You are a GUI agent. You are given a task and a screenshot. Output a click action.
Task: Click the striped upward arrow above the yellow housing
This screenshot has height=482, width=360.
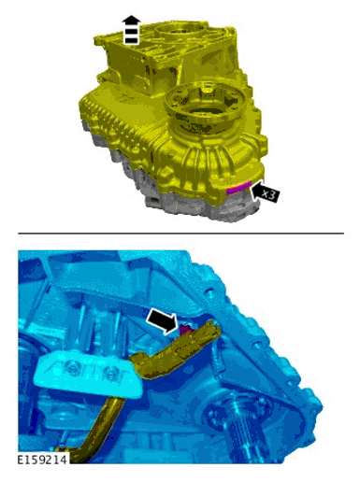coord(131,30)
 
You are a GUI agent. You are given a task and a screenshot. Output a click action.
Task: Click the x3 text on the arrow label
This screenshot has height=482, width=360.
coord(268,194)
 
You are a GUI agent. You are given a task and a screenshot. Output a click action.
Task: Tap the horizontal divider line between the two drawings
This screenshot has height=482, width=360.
coord(180,234)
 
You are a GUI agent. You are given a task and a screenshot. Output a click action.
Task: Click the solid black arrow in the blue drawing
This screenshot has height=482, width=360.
coord(164,319)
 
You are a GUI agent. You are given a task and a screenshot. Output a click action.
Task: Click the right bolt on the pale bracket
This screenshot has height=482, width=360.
coord(113,376)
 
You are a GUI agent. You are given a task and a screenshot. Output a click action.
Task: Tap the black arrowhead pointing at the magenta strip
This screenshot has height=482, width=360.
coord(255,191)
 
